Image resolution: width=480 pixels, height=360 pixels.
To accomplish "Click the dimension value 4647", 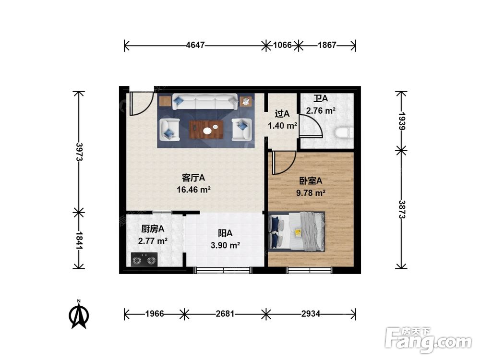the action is click(195, 45).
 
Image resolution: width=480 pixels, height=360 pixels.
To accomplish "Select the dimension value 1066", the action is click(282, 45).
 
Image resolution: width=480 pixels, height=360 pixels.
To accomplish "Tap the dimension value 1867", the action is click(327, 45).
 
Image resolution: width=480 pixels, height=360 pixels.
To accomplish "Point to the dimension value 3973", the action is click(79, 152).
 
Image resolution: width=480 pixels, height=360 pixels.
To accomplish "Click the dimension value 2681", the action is click(225, 314).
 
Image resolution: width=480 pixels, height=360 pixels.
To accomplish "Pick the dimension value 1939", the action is click(402, 121).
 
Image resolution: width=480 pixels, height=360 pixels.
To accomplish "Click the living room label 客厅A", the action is click(193, 178).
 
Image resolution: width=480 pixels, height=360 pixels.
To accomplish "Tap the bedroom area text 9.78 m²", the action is click(311, 193).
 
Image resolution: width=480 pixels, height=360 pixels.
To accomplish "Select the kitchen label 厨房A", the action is click(153, 228).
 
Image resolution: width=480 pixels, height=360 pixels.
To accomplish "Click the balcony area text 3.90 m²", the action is click(225, 245).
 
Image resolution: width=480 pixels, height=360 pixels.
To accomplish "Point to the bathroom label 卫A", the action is click(321, 98).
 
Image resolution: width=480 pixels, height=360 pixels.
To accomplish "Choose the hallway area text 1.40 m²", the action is click(283, 125).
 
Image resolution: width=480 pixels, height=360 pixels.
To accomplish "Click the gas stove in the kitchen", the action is click(144, 260).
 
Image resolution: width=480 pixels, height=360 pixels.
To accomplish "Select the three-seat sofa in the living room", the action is click(205, 102).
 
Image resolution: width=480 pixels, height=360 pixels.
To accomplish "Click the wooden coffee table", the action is click(206, 130).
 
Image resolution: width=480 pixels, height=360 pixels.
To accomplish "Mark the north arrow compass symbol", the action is click(79, 314).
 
